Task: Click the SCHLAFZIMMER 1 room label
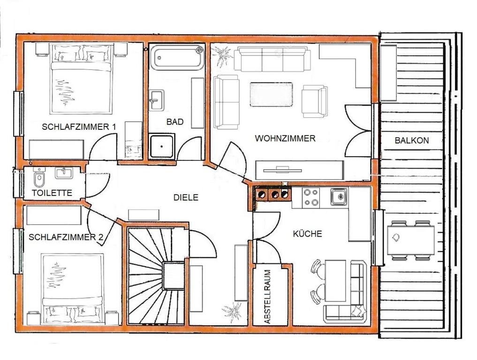[79, 127]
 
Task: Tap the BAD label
[175, 122]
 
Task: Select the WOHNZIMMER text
[285, 138]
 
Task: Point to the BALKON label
[412, 141]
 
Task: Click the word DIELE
[186, 197]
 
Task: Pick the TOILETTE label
[52, 193]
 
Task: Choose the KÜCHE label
[307, 233]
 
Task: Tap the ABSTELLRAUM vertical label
[267, 297]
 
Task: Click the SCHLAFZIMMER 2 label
[66, 237]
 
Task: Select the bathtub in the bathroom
[178, 58]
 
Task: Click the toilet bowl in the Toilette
[38, 180]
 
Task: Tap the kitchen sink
[339, 197]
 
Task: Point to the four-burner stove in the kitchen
[311, 197]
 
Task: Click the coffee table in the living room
[272, 95]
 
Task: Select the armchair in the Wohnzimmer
[315, 101]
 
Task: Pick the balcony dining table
[411, 240]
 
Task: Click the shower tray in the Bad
[162, 146]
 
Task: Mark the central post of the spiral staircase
[173, 275]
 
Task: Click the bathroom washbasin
[157, 100]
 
